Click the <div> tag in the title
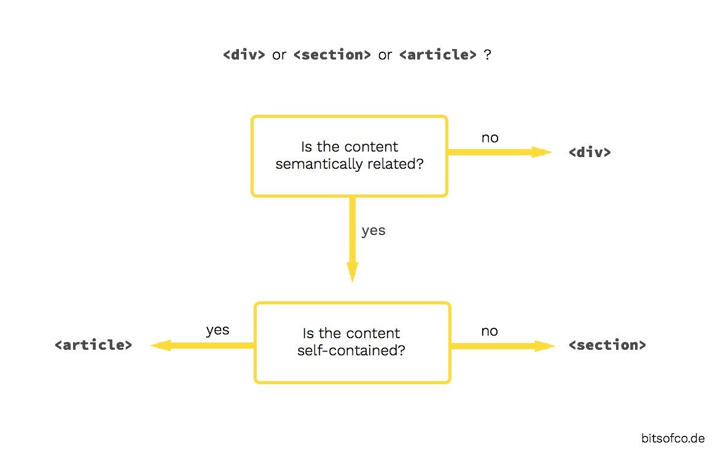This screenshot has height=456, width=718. tap(244, 55)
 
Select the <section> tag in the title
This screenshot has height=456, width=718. tap(332, 55)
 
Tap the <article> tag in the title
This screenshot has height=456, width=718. tap(437, 55)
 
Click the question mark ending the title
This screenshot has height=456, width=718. tap(487, 55)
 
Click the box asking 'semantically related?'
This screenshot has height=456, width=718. tap(349, 156)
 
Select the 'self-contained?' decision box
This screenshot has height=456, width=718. tap(352, 342)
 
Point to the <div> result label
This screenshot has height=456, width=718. tap(590, 152)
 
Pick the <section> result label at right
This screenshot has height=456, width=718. tap(607, 345)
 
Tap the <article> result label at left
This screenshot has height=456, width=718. tap(93, 345)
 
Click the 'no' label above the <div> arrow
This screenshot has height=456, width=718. tap(490, 138)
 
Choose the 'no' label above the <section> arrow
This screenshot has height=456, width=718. tap(489, 331)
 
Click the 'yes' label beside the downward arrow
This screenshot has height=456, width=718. tap(373, 231)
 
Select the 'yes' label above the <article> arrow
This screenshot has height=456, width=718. tap(217, 330)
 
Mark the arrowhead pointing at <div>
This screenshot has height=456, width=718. tap(543, 152)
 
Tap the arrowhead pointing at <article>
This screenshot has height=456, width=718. tap(160, 346)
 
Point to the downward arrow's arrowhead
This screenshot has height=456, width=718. tap(352, 271)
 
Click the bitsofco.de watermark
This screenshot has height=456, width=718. tap(673, 438)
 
